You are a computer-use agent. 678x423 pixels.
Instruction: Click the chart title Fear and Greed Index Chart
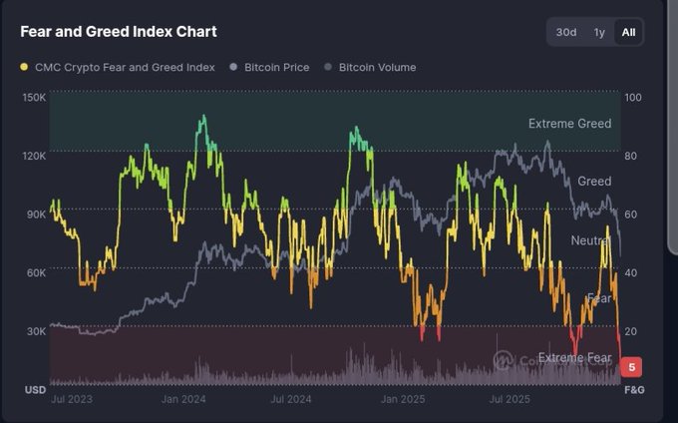[119, 32]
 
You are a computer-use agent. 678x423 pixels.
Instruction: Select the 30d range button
[566, 32]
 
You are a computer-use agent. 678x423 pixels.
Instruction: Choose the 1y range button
[599, 32]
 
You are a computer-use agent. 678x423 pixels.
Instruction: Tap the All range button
[628, 32]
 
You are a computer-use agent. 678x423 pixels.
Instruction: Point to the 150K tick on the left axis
[34, 98]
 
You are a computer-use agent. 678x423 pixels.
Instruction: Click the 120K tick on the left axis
[34, 156]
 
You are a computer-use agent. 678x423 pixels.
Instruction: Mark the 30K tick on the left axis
[34, 331]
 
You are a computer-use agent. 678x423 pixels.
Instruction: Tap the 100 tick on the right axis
[633, 98]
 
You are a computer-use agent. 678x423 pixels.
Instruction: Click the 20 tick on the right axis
[631, 331]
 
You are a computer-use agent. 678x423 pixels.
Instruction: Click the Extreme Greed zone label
[569, 124]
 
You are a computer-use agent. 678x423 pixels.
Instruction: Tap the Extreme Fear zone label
[574, 358]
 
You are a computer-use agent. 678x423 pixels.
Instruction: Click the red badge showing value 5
[632, 367]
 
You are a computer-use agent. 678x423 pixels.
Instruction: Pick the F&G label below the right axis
[634, 389]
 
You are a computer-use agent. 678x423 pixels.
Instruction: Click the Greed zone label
[594, 182]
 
